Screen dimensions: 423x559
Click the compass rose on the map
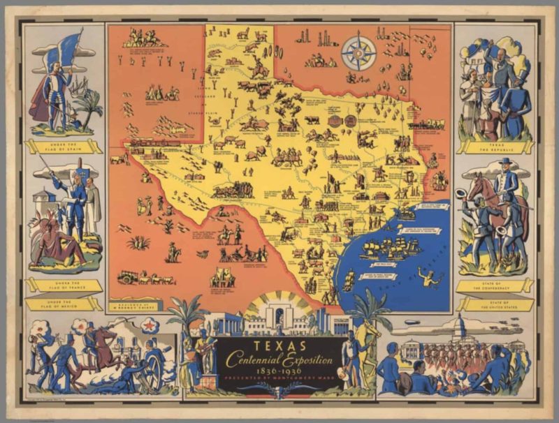click(358, 54)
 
